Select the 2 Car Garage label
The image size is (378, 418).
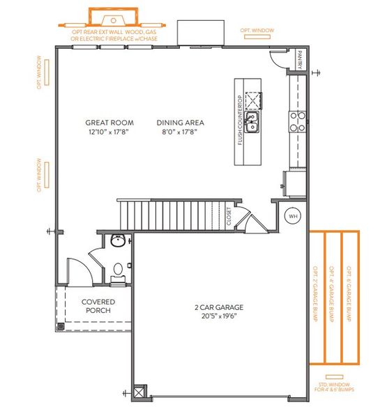(x=219, y=307)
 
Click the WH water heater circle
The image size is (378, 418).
(x=293, y=216)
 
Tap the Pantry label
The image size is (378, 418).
(x=299, y=60)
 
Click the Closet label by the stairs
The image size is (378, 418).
(x=229, y=216)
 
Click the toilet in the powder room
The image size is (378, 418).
(x=119, y=269)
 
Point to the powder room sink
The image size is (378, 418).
(x=118, y=242)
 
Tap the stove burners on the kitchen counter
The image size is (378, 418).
(x=296, y=121)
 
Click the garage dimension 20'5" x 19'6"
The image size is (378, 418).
(x=219, y=316)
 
